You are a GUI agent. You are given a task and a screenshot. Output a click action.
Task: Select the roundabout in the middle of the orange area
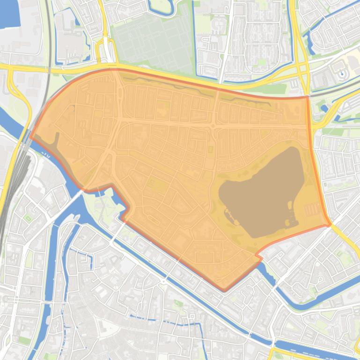coord(213,126)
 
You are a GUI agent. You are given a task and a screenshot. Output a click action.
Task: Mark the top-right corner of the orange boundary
coord(308,97)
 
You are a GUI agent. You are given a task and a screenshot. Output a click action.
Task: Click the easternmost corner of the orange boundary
coord(330,224)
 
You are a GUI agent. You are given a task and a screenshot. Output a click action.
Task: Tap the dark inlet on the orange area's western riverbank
coord(56,140)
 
